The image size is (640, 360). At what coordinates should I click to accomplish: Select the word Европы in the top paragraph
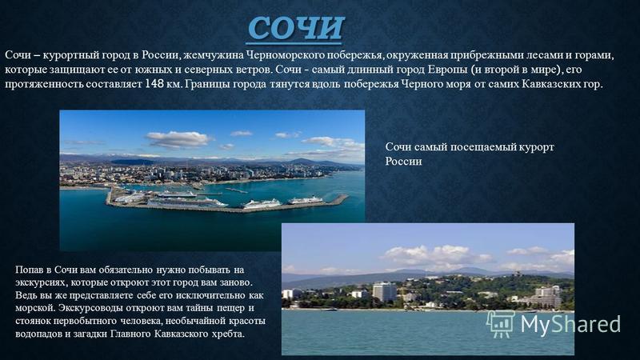[x=447, y=70]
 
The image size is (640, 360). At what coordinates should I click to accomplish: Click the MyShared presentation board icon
[x=501, y=324]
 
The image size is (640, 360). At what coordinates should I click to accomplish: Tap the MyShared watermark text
[x=570, y=324]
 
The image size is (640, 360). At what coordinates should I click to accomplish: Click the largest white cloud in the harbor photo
[x=178, y=139]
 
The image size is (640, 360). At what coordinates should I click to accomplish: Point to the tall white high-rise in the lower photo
[x=384, y=292]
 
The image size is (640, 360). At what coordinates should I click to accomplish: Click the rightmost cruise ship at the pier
[x=306, y=200]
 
